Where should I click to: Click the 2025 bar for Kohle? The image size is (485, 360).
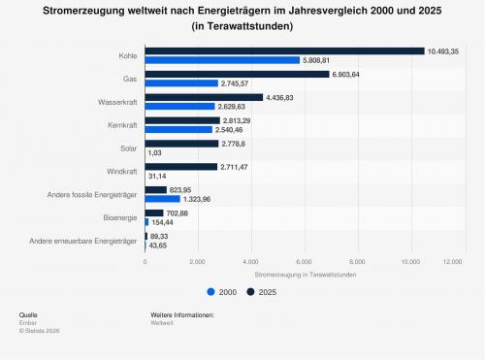point(284,51)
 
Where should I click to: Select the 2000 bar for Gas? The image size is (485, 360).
point(181,83)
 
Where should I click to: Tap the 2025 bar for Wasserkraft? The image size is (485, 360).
point(204,97)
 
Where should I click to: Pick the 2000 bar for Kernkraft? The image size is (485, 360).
point(178,130)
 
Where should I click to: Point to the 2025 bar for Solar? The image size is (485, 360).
point(181,144)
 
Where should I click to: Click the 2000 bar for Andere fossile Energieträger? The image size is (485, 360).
point(163,199)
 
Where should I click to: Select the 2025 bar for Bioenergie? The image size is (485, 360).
point(154,213)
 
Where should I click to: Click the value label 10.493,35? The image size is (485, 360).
point(443,51)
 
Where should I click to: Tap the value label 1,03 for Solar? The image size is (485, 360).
point(155,152)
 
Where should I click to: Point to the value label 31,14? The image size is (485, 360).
point(157,176)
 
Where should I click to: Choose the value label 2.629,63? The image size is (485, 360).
point(232,107)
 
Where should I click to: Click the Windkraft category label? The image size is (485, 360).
point(122,172)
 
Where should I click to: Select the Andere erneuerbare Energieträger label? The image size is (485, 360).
point(83,241)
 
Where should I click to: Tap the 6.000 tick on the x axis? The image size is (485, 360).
point(305,262)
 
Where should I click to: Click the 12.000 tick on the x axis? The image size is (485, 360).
point(453,262)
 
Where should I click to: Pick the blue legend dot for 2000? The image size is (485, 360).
point(210,292)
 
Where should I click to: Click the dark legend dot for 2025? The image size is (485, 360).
point(250,292)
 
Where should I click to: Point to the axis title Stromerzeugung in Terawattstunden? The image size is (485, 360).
point(306,275)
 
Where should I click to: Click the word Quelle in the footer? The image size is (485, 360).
point(28,314)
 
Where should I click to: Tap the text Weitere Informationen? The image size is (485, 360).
point(182,314)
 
